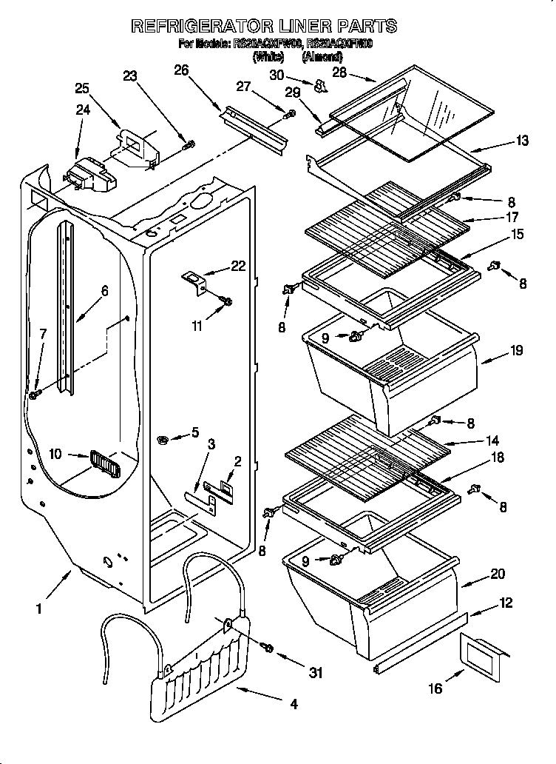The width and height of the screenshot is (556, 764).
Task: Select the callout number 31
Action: coord(316,673)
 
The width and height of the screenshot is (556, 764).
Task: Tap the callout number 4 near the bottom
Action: coord(294,705)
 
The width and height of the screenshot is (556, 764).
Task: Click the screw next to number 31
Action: coord(268,649)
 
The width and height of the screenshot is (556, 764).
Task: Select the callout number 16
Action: coord(435,688)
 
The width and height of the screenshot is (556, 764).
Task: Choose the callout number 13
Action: coord(522,141)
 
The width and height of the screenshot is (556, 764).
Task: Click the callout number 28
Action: coord(339,72)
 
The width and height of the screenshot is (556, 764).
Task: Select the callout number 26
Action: coord(180,70)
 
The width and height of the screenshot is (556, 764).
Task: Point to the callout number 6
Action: coord(104,291)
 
